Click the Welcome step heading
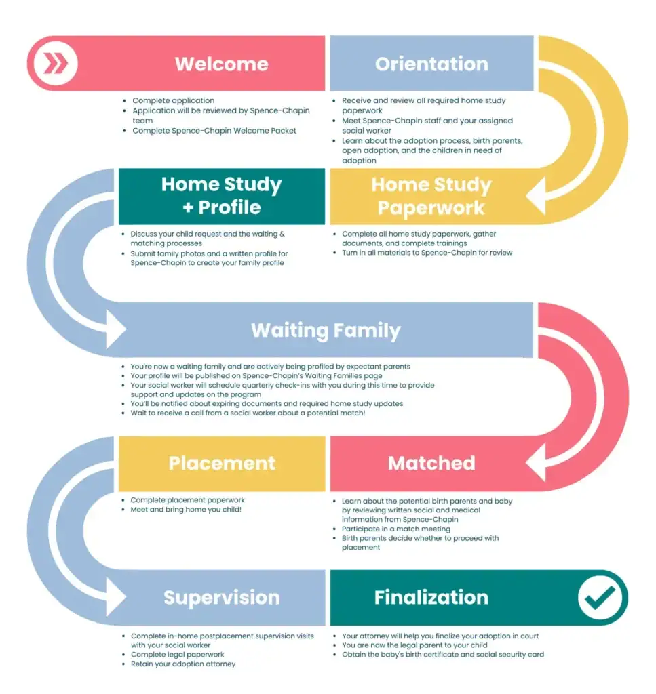coord(222,64)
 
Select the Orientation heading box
coord(431,64)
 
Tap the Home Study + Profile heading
coord(222,196)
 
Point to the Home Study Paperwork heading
coord(431,196)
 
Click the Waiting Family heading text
coord(326,331)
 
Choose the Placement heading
coord(222,464)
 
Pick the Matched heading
coord(431,464)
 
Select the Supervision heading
coord(222,598)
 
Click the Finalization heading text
coord(431,598)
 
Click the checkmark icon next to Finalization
coord(600,598)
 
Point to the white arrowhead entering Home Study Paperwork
coord(536,196)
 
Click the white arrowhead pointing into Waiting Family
coord(115,331)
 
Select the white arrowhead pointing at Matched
coord(536,464)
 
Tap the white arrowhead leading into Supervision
coord(115,598)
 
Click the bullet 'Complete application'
coord(173,101)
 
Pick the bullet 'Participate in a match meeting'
coord(395,529)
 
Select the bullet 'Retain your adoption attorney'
coord(182,664)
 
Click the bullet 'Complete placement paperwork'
coord(187,500)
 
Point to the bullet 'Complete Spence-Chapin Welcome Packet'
coord(214,131)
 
